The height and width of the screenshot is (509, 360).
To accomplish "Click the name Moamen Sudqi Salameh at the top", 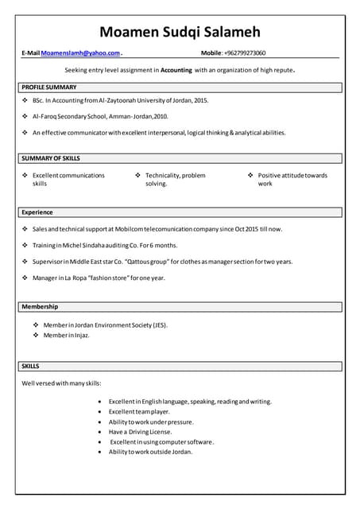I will [x=180, y=33].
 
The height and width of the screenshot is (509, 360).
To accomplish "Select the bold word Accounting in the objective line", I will [x=176, y=70].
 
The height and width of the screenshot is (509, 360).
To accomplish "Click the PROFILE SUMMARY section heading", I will [x=49, y=86].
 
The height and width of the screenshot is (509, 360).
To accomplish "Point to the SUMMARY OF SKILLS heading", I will [x=51, y=158].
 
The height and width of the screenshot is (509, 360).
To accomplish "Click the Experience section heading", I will [x=37, y=212].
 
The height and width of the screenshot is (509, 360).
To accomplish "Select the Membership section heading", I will [x=40, y=306].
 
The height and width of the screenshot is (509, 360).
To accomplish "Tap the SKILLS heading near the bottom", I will [x=31, y=366].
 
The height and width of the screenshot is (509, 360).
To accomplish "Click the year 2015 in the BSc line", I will [x=200, y=101].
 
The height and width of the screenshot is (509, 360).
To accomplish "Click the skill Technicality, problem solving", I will [x=175, y=179].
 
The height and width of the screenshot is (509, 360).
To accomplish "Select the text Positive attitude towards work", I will [x=292, y=179].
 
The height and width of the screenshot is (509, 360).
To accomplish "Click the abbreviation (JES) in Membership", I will [x=160, y=324].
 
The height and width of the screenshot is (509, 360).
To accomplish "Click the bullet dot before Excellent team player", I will [x=99, y=412].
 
